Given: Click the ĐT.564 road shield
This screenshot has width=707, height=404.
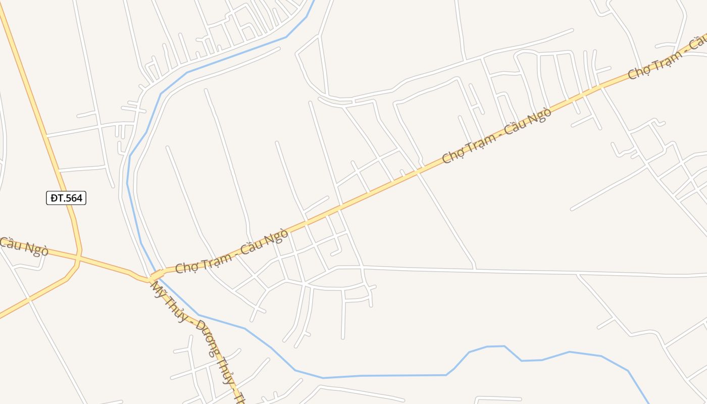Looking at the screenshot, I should [x=66, y=198].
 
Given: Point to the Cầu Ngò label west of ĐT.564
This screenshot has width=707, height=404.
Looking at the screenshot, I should [x=24, y=246].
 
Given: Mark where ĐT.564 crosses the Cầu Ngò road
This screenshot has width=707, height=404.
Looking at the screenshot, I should [x=78, y=258].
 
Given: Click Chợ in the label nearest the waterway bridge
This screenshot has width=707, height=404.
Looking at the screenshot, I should [x=186, y=266].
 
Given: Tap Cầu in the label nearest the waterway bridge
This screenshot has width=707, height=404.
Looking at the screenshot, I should [x=252, y=246].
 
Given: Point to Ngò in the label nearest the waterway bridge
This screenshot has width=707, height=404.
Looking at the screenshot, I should [x=278, y=235].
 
